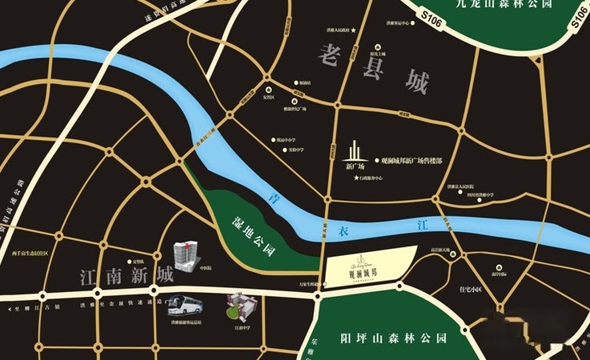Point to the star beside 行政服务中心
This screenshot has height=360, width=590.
click(x=355, y=178)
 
